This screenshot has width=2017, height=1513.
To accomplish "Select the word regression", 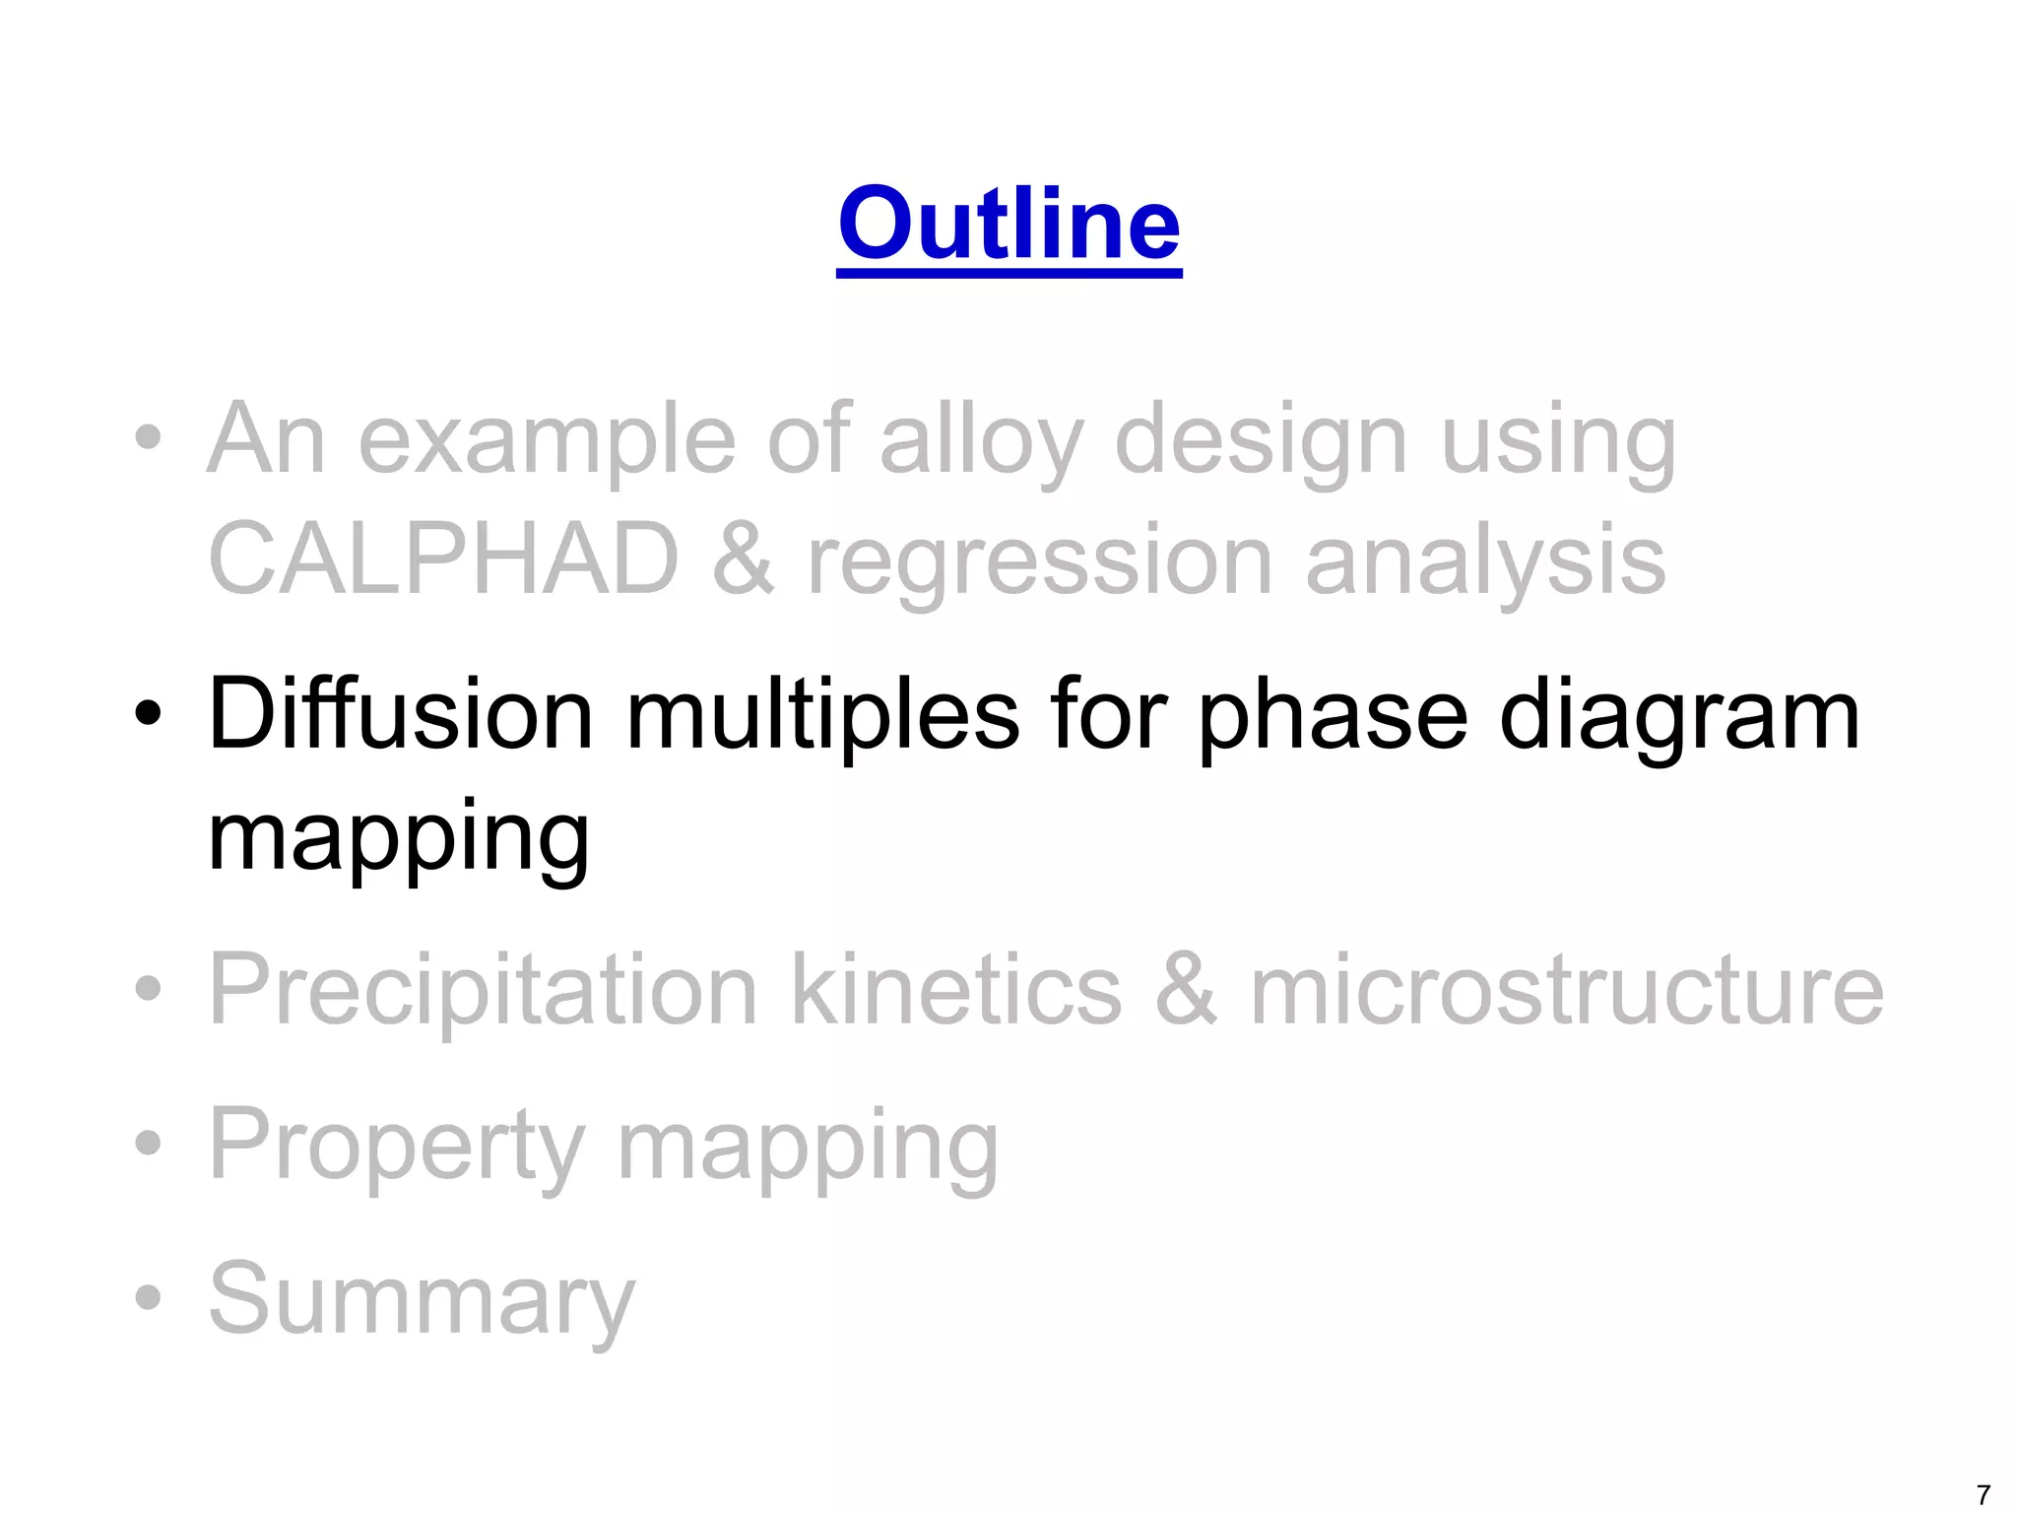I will [1039, 561].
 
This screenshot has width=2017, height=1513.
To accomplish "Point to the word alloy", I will [981, 440].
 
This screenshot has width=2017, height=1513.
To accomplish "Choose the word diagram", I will [1679, 717].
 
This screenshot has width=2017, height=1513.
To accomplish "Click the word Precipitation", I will [484, 990].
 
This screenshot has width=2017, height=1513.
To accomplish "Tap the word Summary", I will [422, 1300].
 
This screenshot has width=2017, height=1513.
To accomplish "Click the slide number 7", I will [1984, 1494].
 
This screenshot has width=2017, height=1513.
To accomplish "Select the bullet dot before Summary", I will [148, 1297].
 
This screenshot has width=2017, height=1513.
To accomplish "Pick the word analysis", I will [1485, 561].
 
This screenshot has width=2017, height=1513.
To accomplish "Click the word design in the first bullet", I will [1260, 440].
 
